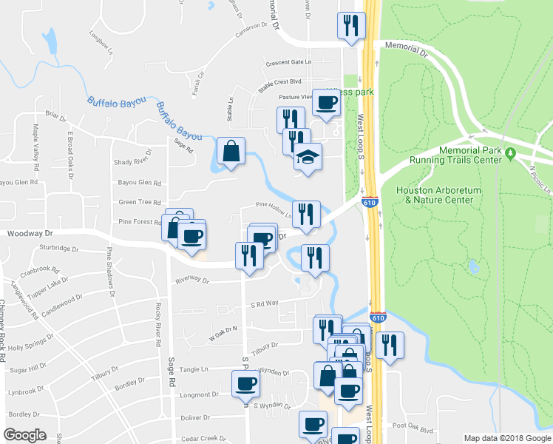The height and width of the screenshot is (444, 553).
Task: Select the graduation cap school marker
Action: (308, 157)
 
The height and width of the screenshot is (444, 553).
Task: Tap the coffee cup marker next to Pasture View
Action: (326, 103)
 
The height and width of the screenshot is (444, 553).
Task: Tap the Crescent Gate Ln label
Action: (289, 62)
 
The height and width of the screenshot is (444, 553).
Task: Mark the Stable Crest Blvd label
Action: (280, 82)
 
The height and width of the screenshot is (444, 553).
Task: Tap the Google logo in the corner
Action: (24, 435)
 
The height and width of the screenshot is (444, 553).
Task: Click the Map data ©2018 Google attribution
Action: (506, 438)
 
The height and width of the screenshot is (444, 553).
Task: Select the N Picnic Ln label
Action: (542, 178)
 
